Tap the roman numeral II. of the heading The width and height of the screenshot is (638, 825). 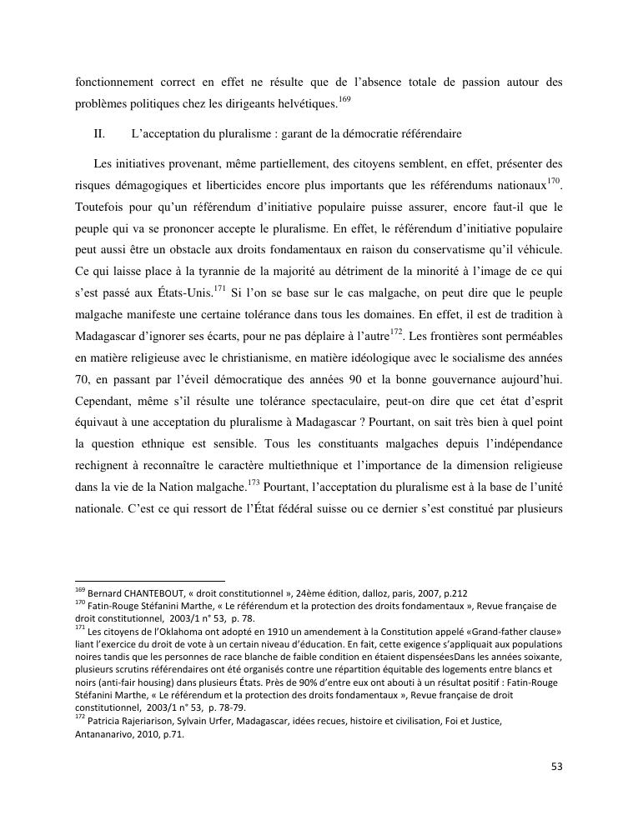tap(100, 133)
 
